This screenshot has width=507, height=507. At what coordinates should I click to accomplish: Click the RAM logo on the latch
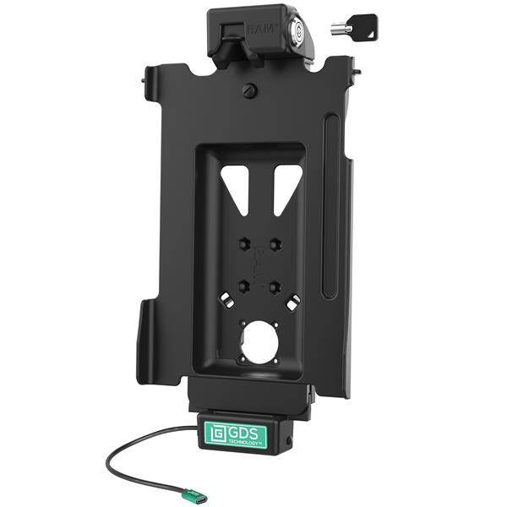pyautogui.click(x=263, y=29)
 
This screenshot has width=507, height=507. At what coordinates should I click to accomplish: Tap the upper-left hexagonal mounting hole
pyautogui.click(x=245, y=244)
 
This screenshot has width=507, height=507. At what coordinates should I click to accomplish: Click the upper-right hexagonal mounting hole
pyautogui.click(x=275, y=244)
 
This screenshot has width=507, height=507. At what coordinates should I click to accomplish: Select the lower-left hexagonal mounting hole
pyautogui.click(x=245, y=286)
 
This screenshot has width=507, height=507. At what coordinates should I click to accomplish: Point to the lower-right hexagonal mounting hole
pyautogui.click(x=275, y=286)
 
